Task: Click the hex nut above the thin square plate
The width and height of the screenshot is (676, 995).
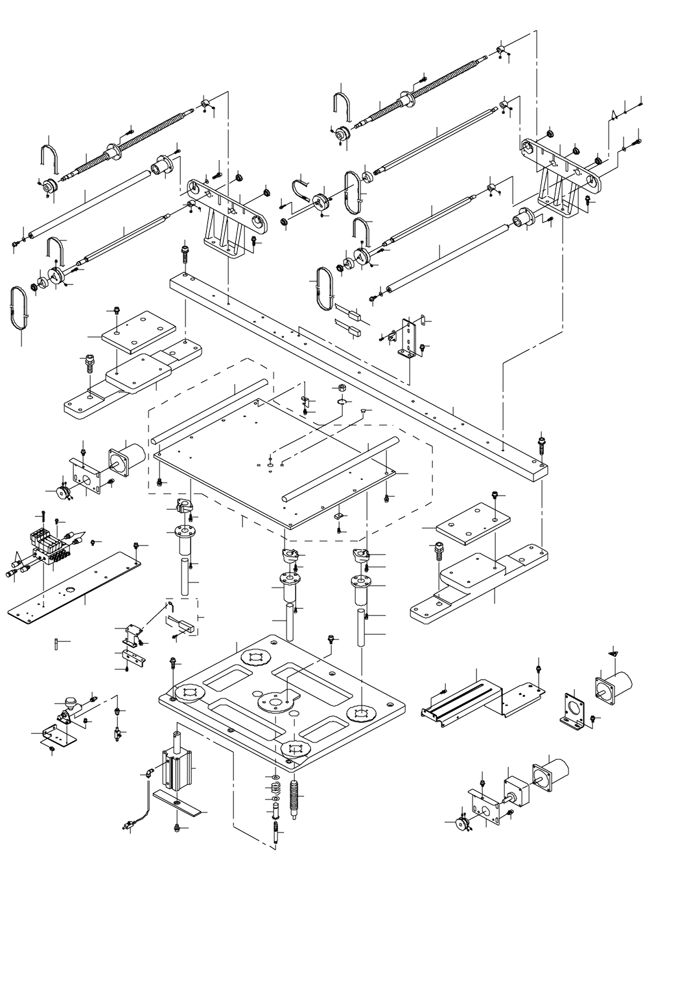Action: click(340, 388)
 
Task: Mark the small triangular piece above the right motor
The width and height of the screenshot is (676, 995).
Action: click(613, 655)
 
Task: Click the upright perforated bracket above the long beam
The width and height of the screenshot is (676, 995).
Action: click(408, 339)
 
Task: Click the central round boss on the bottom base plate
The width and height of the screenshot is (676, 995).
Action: click(276, 701)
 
